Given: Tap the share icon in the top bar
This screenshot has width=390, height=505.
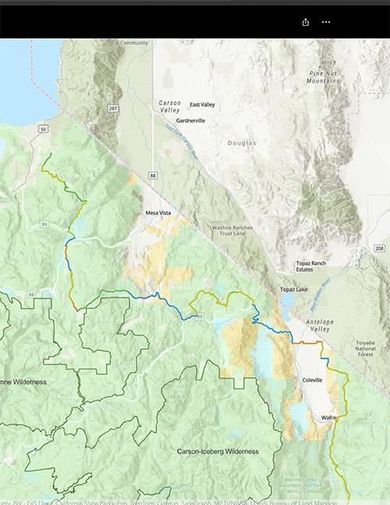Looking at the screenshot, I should pyautogui.click(x=307, y=22).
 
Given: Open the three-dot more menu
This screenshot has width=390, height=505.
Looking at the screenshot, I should pyautogui.click(x=326, y=22).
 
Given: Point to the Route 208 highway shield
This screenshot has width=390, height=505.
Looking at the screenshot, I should pyautogui.click(x=379, y=248).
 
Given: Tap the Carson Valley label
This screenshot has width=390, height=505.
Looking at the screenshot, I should pyautogui.click(x=170, y=106).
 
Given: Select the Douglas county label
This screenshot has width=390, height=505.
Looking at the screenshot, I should pyautogui.click(x=241, y=144).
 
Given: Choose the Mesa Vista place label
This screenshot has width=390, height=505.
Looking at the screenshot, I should pyautogui.click(x=158, y=213).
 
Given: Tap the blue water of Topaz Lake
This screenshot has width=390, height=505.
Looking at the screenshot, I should pyautogui.click(x=285, y=301).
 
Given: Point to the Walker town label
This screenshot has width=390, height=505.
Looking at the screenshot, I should pyautogui.click(x=328, y=418).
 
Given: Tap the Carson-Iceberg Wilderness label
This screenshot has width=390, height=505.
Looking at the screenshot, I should pyautogui.click(x=218, y=451).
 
